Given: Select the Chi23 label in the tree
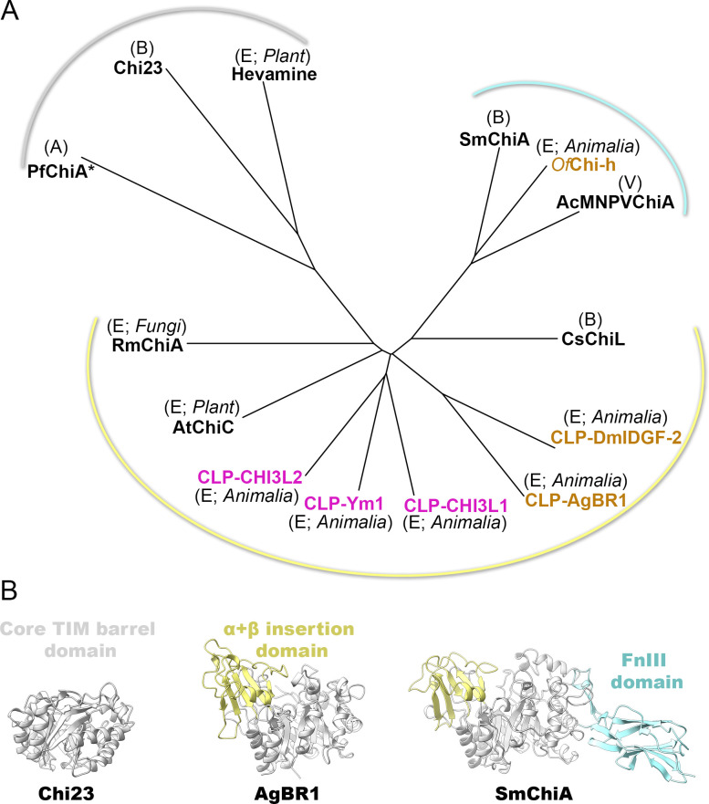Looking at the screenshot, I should click(140, 67).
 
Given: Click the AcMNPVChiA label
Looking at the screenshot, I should click(615, 204).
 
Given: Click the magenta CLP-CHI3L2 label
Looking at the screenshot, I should click(249, 477).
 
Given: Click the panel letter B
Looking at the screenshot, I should click(14, 606).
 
